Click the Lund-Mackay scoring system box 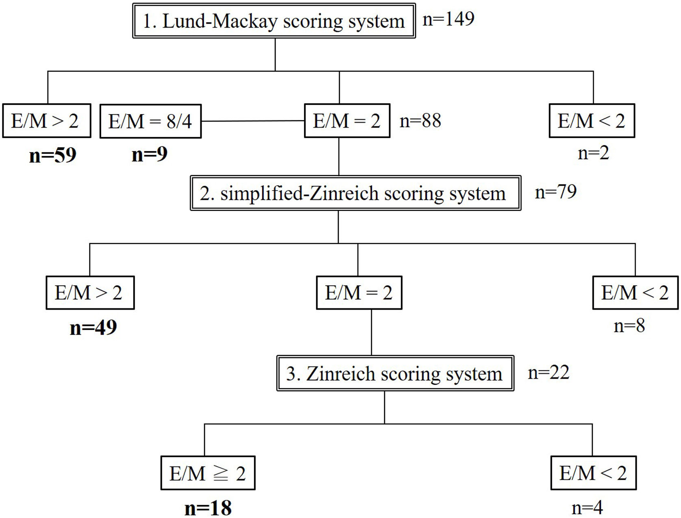pos(274,21)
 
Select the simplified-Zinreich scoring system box pos(355,193)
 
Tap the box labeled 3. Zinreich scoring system pos(395,373)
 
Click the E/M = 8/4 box pos(150,121)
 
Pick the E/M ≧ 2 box pos(208,473)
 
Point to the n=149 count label pos(448,19)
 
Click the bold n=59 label pos(53,155)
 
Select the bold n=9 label pos(149,154)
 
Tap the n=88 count pos(420,121)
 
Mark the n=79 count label pos(556,191)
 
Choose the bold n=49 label pos(93,327)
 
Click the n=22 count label pos(548,372)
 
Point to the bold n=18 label pos(208,507)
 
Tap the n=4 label pos(587,507)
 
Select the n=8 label pos(629,326)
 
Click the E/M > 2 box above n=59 pos(46,121)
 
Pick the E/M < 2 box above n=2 pos(592,121)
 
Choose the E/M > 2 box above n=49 pos(90,293)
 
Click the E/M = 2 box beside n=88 pos(347,121)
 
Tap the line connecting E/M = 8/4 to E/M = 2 pos(253,121)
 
